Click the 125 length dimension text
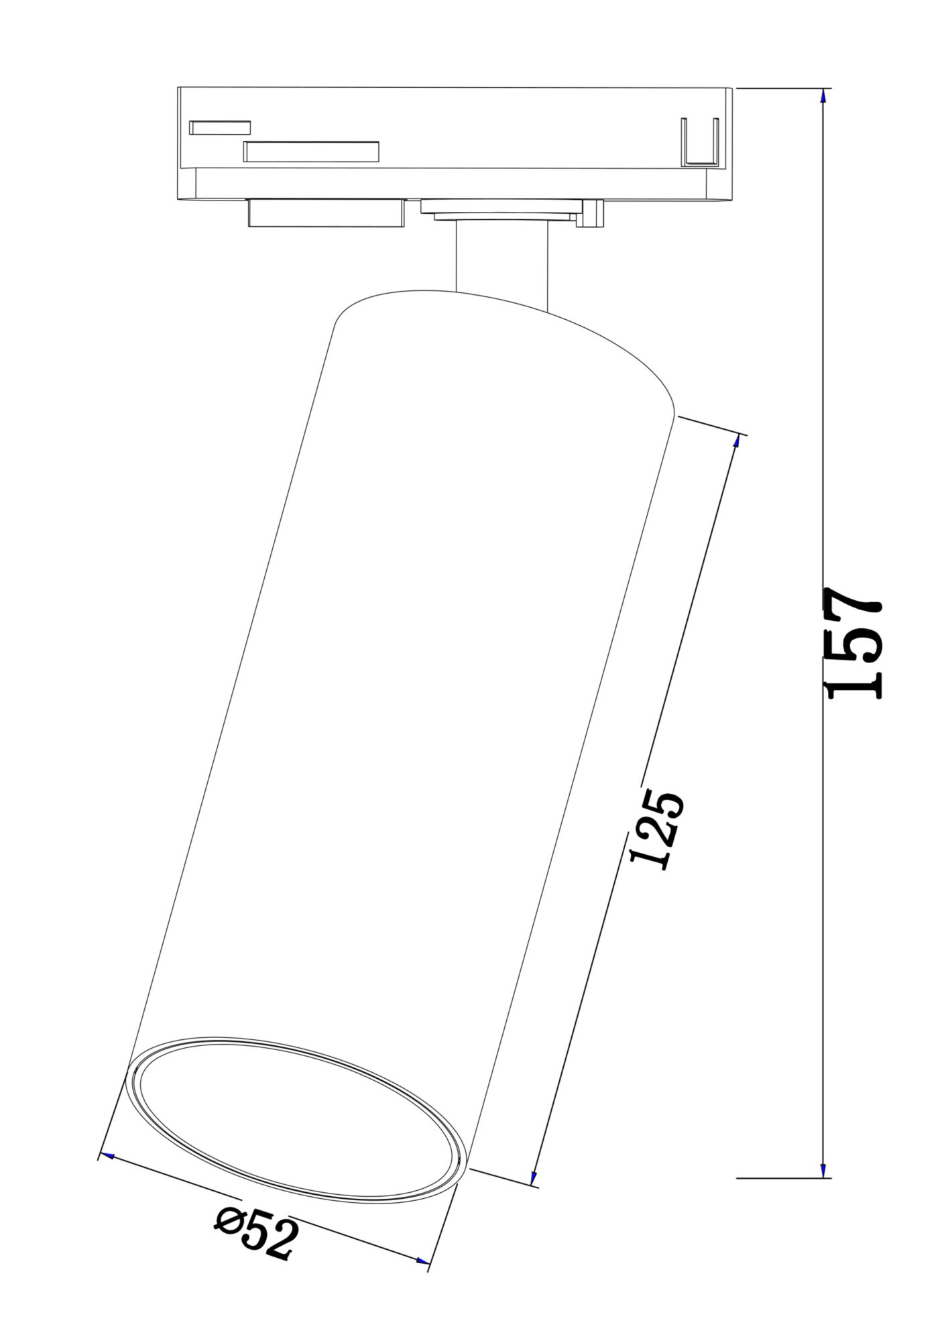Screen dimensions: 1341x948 pos(657,831)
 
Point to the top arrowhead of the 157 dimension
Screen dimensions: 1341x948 pos(823,96)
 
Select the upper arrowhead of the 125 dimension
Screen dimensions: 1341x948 pos(737,441)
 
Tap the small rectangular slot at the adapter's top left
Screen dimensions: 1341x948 pos(220,127)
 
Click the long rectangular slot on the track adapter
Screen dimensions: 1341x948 pos(311,152)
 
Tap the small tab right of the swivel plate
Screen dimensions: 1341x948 pos(594,213)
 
